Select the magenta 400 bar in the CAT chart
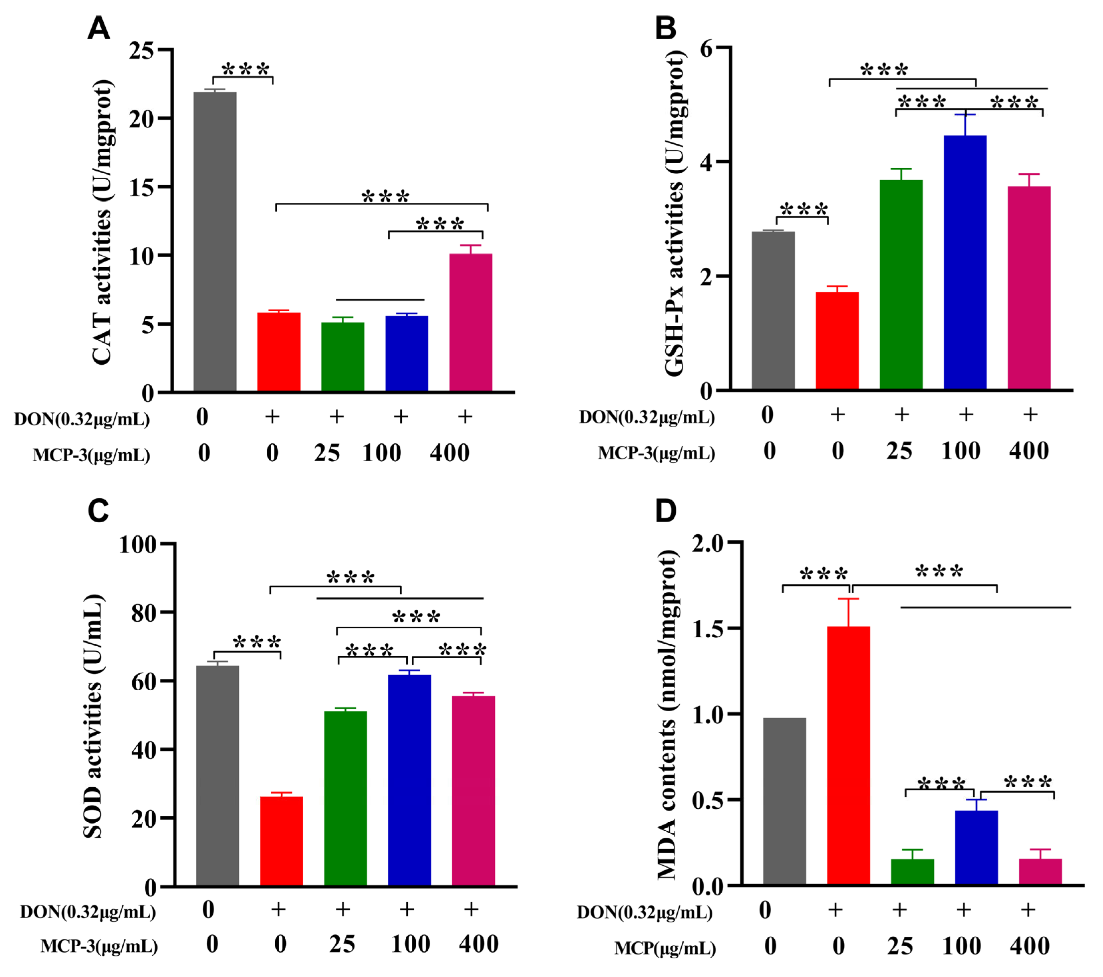click(x=471, y=322)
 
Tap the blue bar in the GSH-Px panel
click(x=965, y=262)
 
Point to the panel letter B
click(x=665, y=28)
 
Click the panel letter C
click(x=98, y=510)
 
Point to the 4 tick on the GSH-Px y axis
click(x=706, y=162)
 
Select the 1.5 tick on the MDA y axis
click(x=707, y=629)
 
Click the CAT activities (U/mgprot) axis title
click(x=102, y=221)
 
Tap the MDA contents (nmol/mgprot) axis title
click(x=667, y=715)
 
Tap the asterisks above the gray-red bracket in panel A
click(x=245, y=69)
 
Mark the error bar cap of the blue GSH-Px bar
click(x=965, y=114)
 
